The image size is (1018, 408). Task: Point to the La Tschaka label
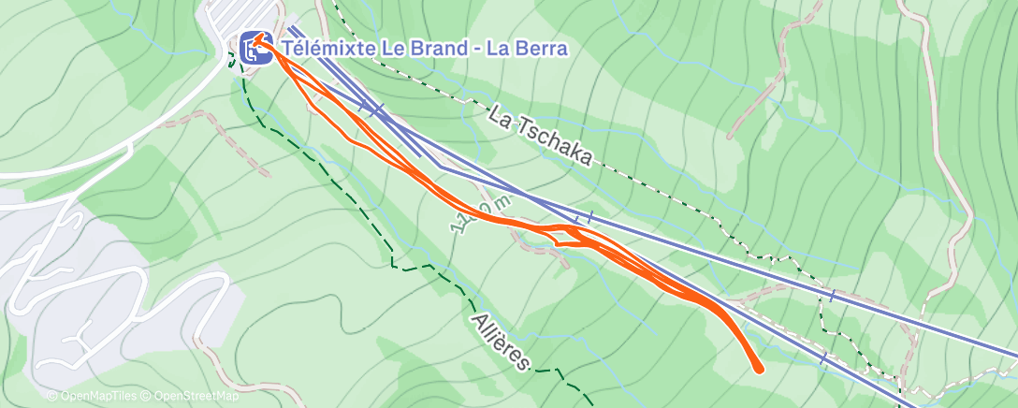[541, 136]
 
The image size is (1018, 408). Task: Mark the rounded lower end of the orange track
[758, 369]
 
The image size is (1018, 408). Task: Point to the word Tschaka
[558, 143]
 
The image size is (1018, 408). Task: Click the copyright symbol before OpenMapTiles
[52, 397]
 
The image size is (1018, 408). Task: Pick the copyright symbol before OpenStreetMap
[147, 397]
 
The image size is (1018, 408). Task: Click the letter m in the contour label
[503, 199]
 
